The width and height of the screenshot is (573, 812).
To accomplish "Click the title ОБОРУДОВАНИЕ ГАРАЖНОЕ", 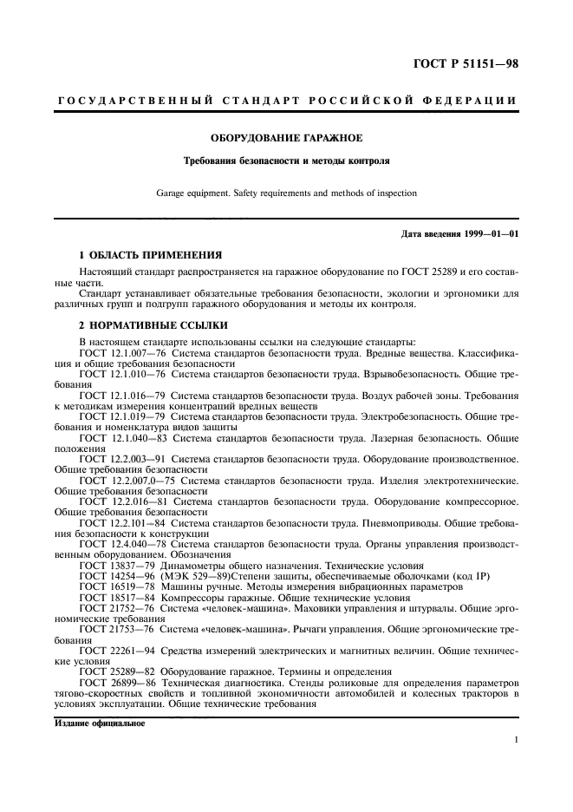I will click(287, 137).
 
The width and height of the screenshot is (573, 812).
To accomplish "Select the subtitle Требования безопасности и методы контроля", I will click(287, 160).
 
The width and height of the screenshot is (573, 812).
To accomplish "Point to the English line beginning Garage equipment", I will click(287, 193).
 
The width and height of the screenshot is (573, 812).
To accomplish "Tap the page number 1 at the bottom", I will click(516, 739).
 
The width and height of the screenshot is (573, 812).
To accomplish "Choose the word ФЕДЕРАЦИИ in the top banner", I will click(466, 101).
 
